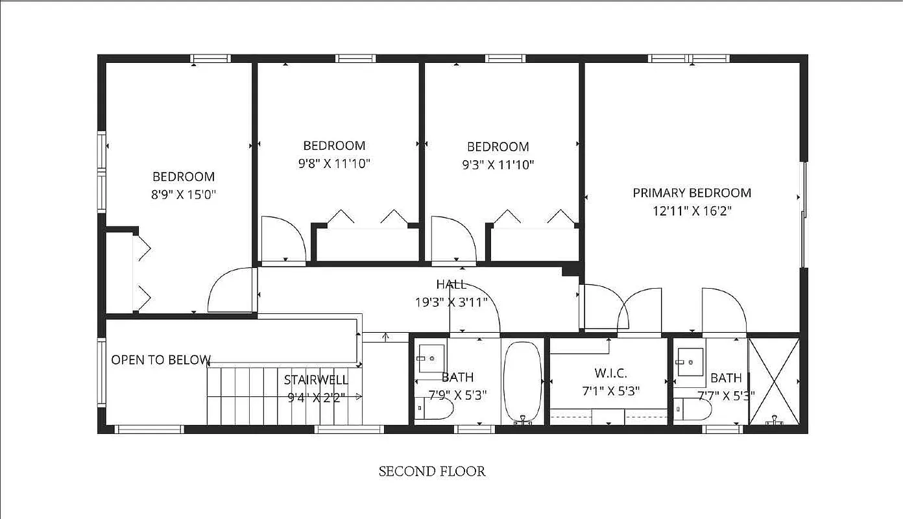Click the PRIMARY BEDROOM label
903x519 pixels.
[692, 193]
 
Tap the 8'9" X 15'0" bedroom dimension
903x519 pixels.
[184, 194]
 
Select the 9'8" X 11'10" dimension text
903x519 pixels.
[334, 163]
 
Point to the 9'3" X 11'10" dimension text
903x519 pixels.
[498, 165]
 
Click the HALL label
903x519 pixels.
[451, 284]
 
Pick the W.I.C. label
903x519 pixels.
[609, 374]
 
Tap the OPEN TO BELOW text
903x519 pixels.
[161, 359]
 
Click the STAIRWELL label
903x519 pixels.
[316, 380]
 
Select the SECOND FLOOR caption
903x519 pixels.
[432, 471]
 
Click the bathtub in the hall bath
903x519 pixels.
[522, 383]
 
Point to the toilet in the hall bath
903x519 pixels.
[435, 409]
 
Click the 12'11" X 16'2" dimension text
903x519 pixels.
[692, 211]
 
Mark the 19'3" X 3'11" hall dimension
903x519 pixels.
[451, 302]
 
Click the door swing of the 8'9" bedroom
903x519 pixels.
[230, 292]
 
